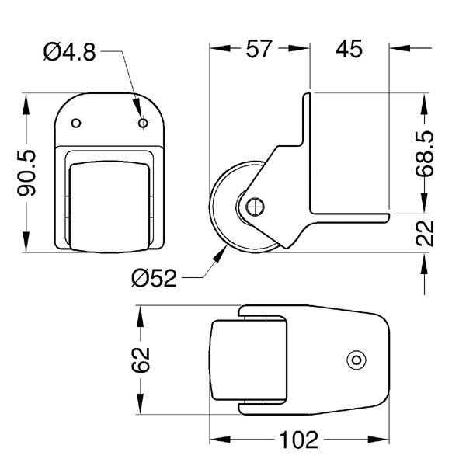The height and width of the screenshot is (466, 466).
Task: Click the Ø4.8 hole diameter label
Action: pos(69,52)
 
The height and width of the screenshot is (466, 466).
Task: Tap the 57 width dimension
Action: pos(259,48)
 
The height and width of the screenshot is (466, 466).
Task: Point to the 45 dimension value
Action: pos(349,48)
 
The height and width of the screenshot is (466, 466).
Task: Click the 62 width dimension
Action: pos(140,360)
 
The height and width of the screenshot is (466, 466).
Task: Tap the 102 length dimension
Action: pos(298,441)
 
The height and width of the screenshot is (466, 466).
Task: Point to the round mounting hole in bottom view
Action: pos(356,360)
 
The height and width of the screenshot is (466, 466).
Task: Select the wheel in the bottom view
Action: pos(249,360)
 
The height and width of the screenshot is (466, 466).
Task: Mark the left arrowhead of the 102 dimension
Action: pos(215,441)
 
